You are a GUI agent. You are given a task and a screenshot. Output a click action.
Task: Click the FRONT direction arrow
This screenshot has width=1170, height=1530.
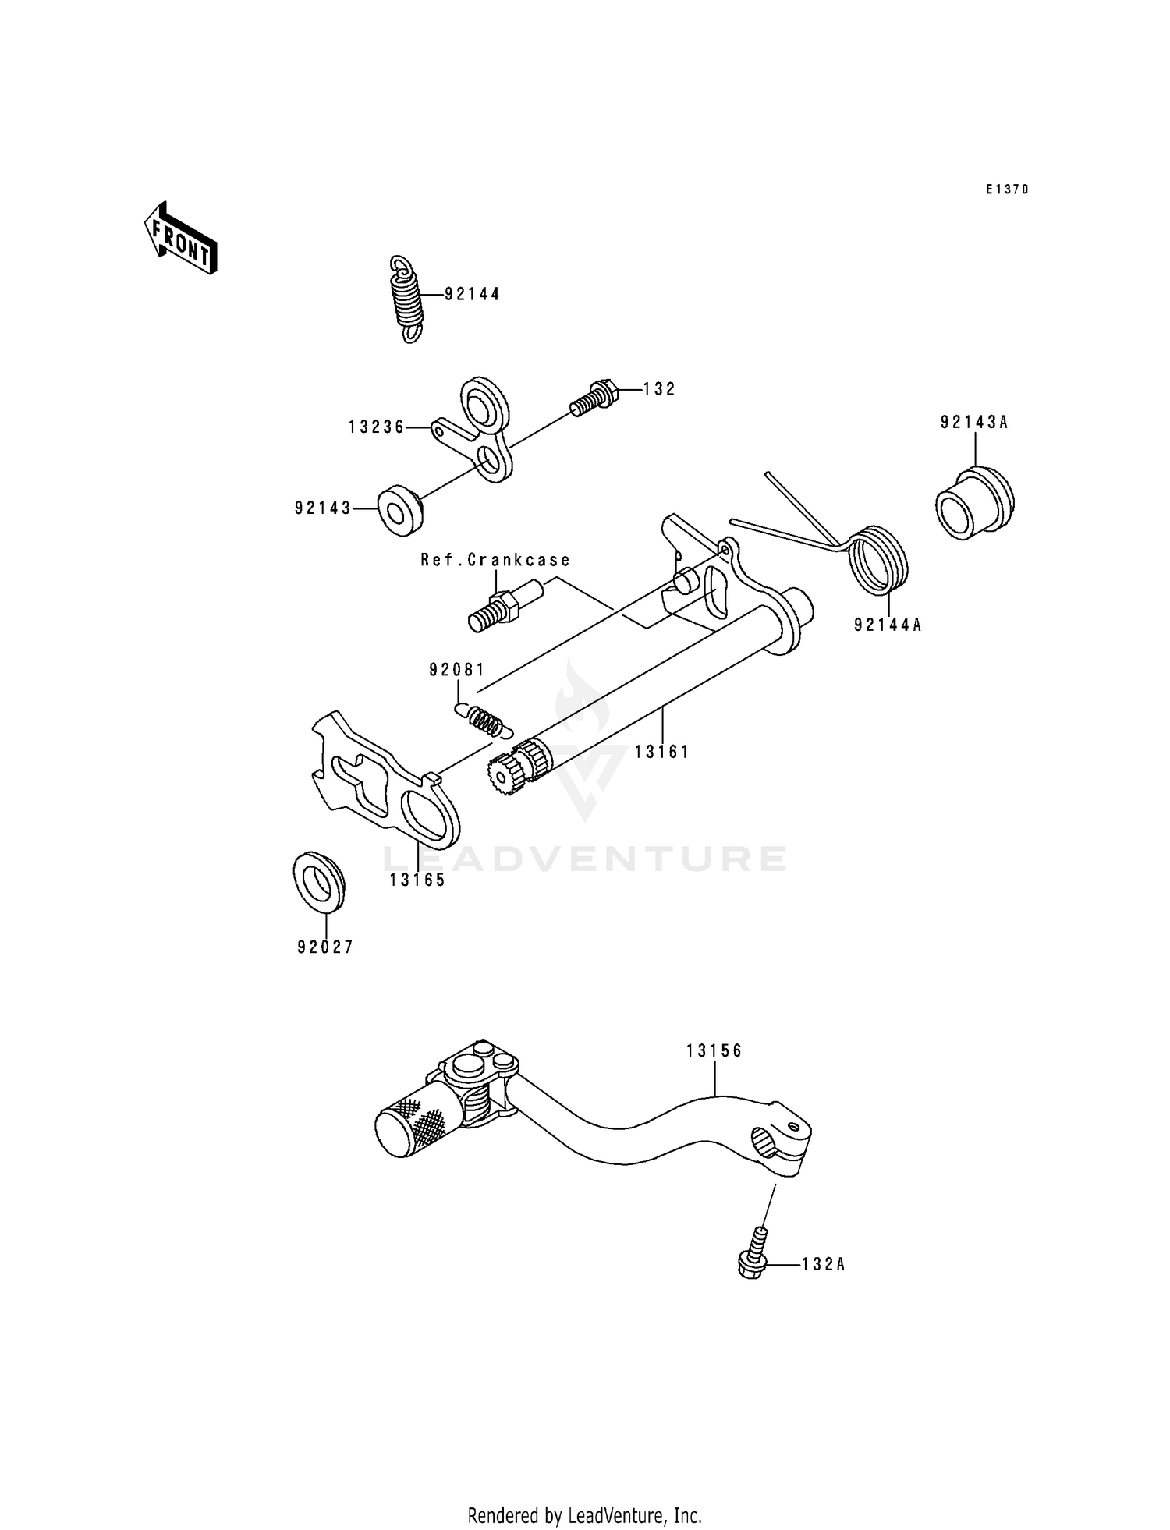(180, 238)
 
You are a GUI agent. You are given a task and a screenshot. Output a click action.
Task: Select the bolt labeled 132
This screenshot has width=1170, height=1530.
(595, 397)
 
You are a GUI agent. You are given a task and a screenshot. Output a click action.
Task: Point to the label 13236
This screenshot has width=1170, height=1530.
(377, 427)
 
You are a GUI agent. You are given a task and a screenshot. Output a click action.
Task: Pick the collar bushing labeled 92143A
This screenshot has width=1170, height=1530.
(975, 503)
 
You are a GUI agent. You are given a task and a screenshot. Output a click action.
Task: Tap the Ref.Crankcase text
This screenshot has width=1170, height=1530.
(495, 560)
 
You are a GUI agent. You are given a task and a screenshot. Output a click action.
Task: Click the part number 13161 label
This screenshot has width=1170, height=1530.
(661, 752)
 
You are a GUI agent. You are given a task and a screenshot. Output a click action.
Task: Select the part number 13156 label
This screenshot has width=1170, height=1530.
(714, 1051)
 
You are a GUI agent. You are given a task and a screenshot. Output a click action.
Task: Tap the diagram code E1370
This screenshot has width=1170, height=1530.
(1007, 189)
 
